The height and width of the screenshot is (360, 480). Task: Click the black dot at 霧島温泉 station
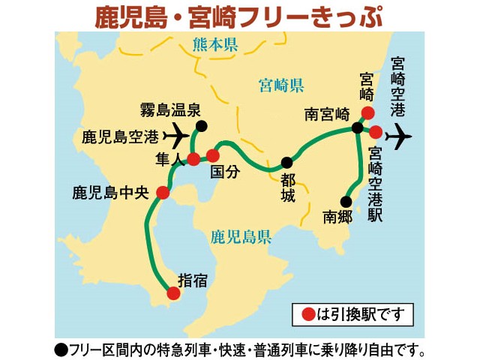click(201, 126)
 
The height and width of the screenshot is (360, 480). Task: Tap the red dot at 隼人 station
click(193, 159)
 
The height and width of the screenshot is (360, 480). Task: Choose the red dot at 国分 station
click(213, 156)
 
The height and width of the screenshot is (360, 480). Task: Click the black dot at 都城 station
click(286, 162)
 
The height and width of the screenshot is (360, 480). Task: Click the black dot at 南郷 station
click(346, 201)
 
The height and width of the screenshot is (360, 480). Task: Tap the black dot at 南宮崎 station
click(358, 127)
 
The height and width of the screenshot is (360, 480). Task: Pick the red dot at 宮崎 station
click(367, 113)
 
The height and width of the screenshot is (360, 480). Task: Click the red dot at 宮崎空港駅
click(376, 132)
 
